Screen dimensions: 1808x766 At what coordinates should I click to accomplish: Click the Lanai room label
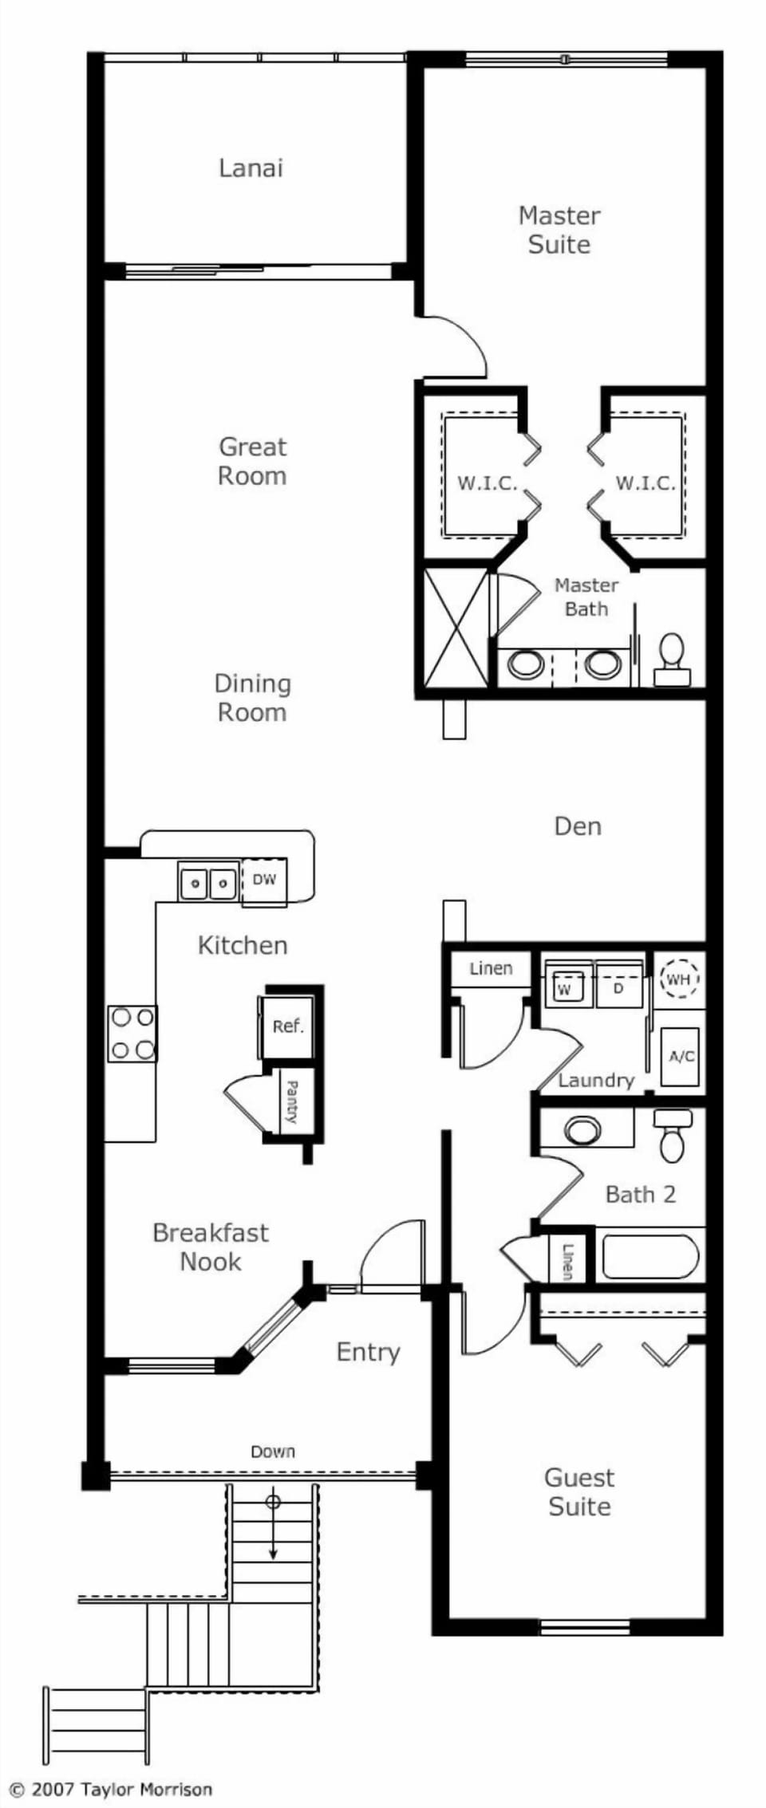251,168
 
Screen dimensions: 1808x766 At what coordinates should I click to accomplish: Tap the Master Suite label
559,230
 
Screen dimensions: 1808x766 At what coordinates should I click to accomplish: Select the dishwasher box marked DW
264,880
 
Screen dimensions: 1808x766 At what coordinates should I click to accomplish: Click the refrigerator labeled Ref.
287,1026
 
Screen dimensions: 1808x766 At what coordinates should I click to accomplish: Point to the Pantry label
292,1101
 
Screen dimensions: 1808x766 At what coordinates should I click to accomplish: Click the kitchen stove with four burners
132,1034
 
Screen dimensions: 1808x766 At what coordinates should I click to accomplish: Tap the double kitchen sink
207,882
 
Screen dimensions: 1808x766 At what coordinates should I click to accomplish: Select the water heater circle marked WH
679,979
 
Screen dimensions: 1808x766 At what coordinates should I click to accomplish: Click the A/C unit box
681,1057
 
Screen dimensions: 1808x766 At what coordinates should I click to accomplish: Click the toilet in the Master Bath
673,660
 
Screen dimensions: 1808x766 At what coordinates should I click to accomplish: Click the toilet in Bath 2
673,1136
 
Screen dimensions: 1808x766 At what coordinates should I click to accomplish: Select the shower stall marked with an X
455,628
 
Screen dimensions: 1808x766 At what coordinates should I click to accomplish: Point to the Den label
577,826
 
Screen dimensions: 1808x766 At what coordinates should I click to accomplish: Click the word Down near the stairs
273,1452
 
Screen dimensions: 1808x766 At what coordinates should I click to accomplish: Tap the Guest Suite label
579,1492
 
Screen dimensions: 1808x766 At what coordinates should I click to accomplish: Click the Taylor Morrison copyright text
111,1790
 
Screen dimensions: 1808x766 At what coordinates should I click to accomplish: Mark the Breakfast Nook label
210,1247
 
